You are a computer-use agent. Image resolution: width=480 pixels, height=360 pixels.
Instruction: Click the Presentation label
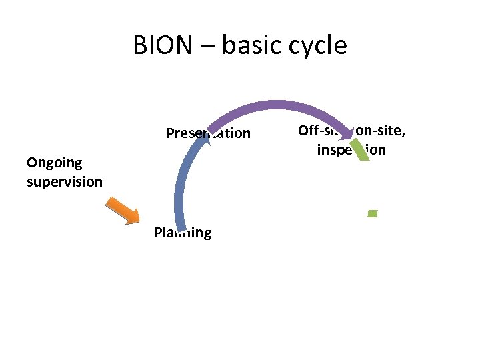tap(208, 133)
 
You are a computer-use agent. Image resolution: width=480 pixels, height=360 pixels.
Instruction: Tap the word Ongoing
tap(54, 162)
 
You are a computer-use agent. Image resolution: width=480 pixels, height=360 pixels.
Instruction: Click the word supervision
tap(64, 181)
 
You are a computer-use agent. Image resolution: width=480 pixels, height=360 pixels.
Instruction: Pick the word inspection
tap(351, 149)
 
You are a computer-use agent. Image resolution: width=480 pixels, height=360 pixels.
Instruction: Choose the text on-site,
tap(381, 131)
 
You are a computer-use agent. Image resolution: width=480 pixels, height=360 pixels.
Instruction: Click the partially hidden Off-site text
tap(321, 131)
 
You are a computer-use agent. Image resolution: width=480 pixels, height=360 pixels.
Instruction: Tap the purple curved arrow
tap(280, 106)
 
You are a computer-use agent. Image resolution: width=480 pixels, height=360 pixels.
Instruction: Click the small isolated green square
tap(373, 213)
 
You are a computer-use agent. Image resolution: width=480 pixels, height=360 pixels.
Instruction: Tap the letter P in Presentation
tap(170, 133)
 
